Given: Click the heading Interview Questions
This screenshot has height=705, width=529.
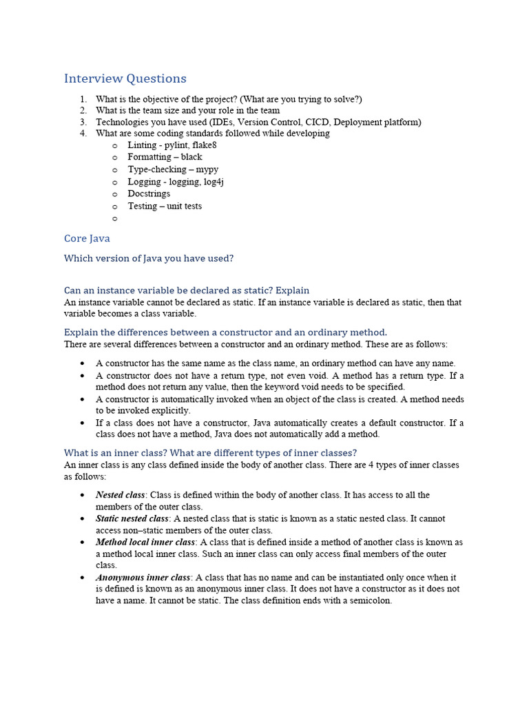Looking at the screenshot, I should tap(125, 78).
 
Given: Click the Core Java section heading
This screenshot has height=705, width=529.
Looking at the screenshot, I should tap(87, 238).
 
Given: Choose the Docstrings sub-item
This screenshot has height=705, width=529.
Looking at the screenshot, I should tap(149, 193).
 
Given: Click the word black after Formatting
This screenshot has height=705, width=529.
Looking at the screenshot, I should tap(191, 157).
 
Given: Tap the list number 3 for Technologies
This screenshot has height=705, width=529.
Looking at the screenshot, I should tap(83, 122).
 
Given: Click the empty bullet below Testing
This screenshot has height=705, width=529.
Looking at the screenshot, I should tap(114, 218).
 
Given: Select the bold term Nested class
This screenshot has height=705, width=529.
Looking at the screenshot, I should tap(120, 495).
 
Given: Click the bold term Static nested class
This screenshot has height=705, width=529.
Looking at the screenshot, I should tap(132, 518).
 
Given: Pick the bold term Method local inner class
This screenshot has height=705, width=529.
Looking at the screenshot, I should tap(145, 542).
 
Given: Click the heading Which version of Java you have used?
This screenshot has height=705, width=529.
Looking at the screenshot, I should tap(149, 258).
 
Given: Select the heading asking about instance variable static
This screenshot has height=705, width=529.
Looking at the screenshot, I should tap(187, 290).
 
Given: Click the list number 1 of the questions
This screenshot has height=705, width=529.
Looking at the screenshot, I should tap(83, 98).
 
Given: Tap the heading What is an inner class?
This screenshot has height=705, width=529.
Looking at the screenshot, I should tap(210, 452).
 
